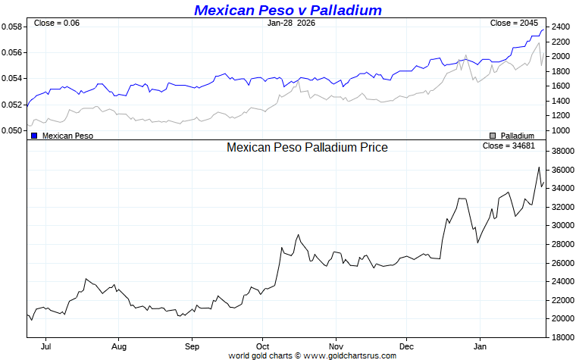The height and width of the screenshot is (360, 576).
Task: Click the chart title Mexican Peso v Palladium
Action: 288,10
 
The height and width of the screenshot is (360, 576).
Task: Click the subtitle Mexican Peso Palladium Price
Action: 307,147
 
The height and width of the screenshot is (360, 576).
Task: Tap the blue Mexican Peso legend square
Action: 34,136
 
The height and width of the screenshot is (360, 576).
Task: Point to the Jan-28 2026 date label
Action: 291,23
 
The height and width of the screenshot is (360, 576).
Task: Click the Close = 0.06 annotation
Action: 57,23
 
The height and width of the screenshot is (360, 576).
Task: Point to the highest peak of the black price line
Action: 539,167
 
